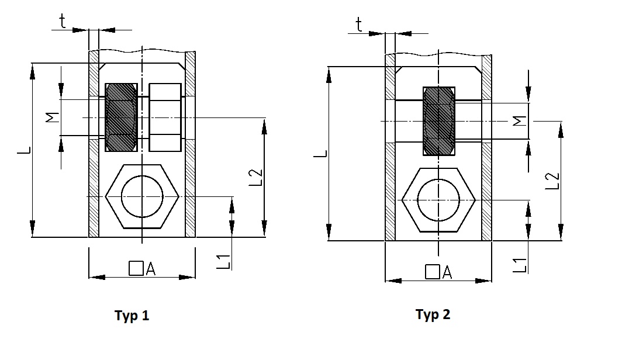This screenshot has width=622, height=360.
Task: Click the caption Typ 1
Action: pyautogui.click(x=132, y=316)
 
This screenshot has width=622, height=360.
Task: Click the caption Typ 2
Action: pyautogui.click(x=433, y=315)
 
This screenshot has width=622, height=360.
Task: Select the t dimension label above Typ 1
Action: pyautogui.click(x=63, y=22)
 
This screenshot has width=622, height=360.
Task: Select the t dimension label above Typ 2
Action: pyautogui.click(x=359, y=25)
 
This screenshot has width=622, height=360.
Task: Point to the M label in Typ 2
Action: pyautogui.click(x=519, y=121)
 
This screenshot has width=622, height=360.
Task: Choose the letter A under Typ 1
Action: pyautogui.click(x=150, y=269)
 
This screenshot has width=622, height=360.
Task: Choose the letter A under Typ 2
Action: pyautogui.click(x=447, y=272)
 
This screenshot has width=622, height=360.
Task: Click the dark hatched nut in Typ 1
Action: pyautogui.click(x=121, y=117)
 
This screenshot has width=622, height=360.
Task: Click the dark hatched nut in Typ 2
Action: pyautogui.click(x=438, y=121)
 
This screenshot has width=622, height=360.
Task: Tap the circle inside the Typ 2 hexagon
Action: pyautogui.click(x=438, y=199)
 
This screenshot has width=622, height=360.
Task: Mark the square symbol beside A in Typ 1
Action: pyautogui.click(x=136, y=269)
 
